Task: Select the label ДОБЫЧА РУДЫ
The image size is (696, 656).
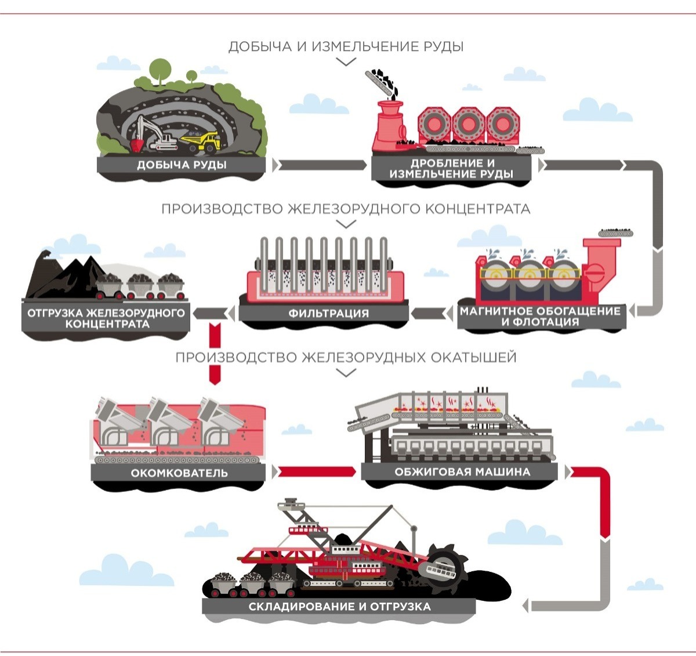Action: coord(182,165)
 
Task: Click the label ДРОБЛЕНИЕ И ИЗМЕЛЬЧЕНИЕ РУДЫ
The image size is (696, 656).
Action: coord(451,169)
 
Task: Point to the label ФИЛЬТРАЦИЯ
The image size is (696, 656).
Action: coord(328,313)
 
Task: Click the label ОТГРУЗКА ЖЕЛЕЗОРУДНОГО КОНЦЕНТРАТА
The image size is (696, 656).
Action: coord(106,318)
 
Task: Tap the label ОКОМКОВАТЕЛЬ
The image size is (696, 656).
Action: coord(179,473)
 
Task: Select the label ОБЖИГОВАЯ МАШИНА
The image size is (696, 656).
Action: coord(462,472)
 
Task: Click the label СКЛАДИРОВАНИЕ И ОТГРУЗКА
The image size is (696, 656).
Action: coord(339,607)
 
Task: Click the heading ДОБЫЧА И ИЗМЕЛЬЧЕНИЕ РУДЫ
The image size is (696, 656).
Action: coord(346,46)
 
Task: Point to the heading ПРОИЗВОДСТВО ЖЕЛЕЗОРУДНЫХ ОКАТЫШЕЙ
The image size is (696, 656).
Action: coord(346,357)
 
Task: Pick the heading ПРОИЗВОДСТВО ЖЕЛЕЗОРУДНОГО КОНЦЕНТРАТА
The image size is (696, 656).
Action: coord(346,208)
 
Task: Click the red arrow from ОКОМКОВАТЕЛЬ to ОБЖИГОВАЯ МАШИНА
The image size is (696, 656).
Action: coord(316,472)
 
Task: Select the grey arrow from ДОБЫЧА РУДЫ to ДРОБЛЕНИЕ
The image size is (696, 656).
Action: coord(320,165)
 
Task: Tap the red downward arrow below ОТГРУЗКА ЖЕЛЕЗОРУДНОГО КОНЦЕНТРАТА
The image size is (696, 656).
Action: coord(215,354)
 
